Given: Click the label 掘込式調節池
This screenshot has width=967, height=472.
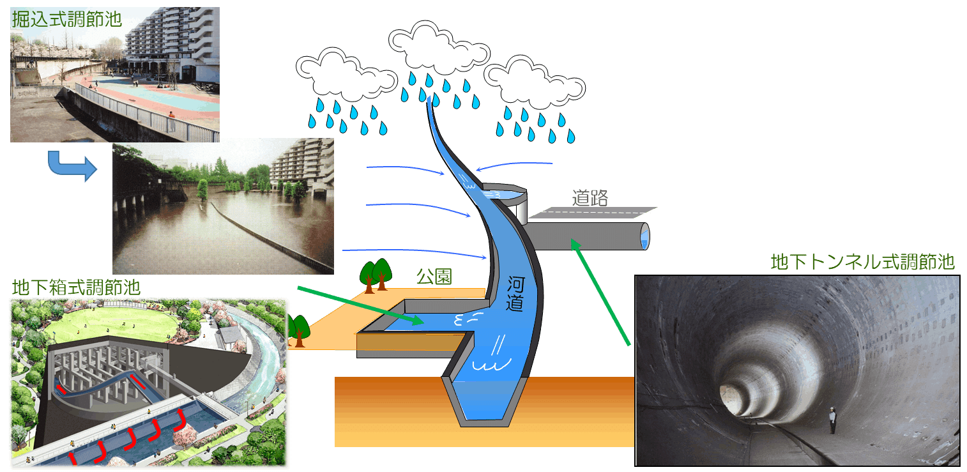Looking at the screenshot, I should pyautogui.click(x=66, y=19).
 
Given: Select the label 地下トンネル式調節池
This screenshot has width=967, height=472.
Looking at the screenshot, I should pyautogui.click(x=862, y=263).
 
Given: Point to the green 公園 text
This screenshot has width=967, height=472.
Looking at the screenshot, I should pyautogui.click(x=434, y=277).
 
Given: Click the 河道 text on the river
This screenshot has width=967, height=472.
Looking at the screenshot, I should pyautogui.click(x=515, y=294).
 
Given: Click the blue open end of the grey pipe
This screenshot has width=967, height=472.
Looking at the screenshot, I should pyautogui.click(x=644, y=236).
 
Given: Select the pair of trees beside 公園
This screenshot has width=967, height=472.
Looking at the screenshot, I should pyautogui.click(x=376, y=275).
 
